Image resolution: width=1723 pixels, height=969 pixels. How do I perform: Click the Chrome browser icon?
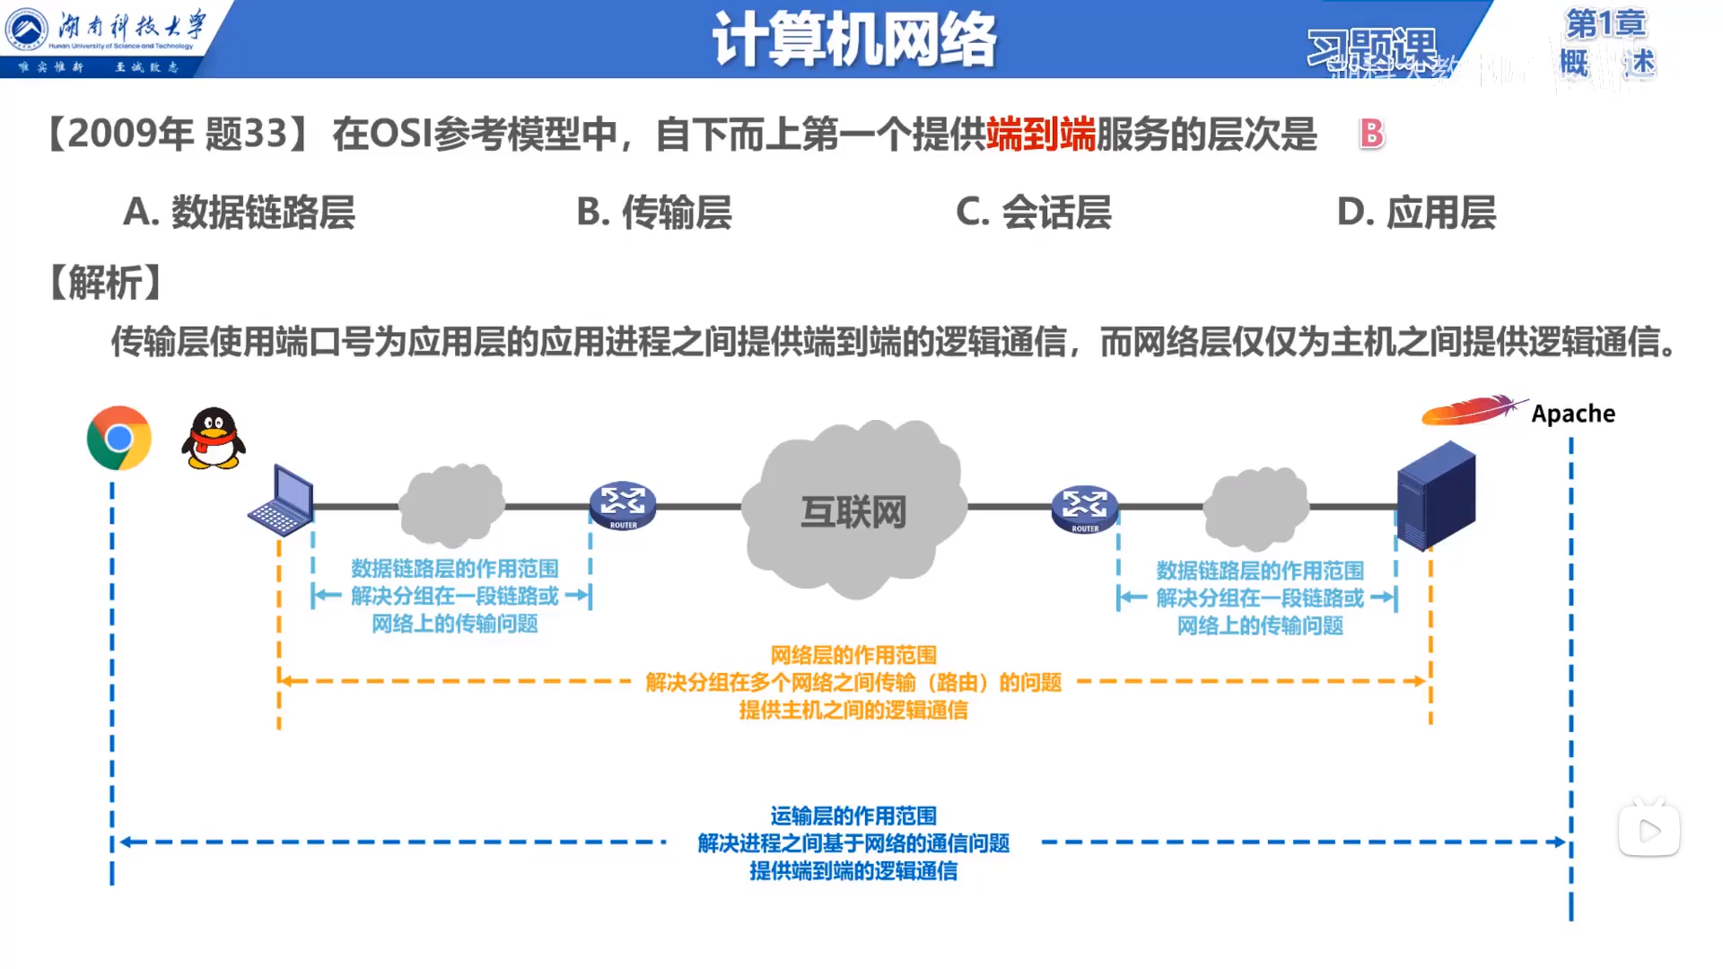click(118, 438)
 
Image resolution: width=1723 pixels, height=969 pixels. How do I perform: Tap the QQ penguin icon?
click(214, 439)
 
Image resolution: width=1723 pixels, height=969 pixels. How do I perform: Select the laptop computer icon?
click(281, 501)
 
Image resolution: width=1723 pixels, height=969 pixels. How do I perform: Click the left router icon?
click(623, 506)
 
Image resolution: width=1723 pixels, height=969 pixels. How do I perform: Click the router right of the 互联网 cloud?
click(1084, 509)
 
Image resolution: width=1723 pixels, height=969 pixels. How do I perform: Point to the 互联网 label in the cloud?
click(853, 512)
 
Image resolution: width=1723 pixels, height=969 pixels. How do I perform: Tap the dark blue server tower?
click(1436, 494)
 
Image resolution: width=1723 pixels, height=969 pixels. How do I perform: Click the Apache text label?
click(1572, 414)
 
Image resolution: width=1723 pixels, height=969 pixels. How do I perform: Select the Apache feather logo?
click(1472, 410)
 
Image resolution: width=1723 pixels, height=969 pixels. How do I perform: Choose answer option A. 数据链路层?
click(239, 213)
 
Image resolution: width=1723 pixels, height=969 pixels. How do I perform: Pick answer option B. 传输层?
click(654, 213)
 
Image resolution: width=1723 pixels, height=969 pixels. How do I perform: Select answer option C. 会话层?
click(1034, 213)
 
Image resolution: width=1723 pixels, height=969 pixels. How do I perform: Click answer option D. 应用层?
click(1416, 213)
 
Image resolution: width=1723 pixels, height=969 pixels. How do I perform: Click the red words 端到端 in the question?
click(1041, 135)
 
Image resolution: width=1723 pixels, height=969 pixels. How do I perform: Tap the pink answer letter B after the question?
click(1371, 135)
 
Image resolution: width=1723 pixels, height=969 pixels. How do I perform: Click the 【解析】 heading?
click(106, 283)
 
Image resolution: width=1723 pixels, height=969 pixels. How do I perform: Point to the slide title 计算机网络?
click(854, 39)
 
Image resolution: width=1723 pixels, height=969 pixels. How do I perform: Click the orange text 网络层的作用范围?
click(853, 655)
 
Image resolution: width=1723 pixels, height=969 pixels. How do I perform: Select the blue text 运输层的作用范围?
click(853, 816)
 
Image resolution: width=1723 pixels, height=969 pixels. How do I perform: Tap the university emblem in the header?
click(27, 29)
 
